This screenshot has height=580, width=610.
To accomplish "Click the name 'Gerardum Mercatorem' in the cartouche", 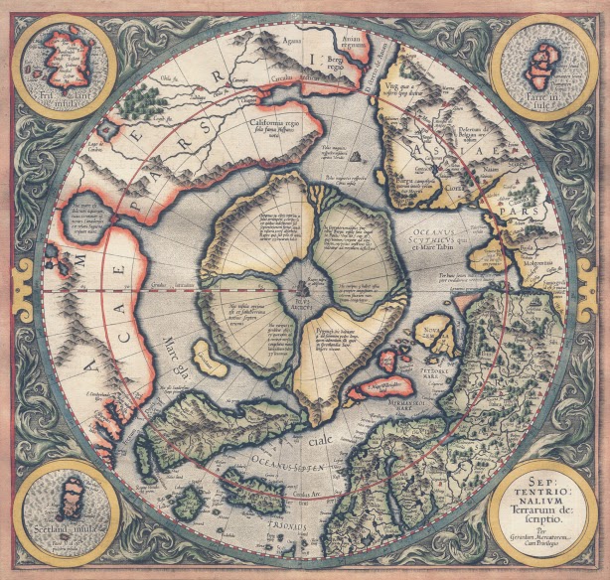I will (x=537, y=533).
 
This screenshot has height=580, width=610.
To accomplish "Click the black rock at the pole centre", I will (x=303, y=287).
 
